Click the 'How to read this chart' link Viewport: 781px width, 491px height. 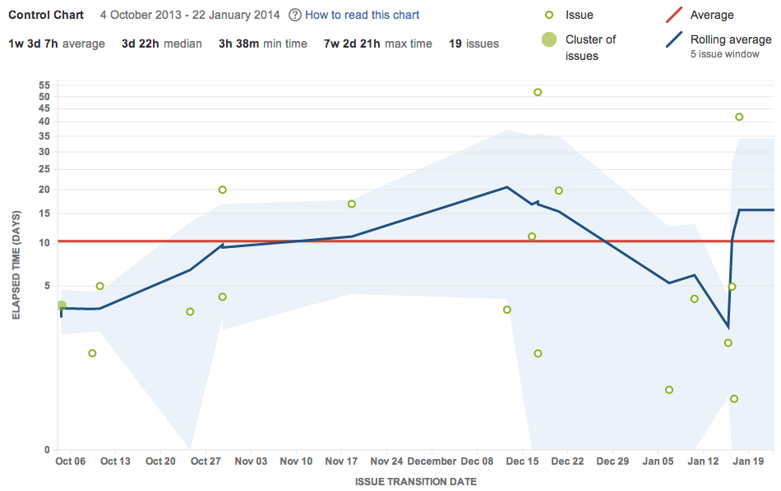tap(362, 15)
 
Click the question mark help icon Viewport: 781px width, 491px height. tap(295, 15)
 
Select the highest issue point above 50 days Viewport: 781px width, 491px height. tap(538, 92)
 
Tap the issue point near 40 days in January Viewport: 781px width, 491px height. tap(739, 117)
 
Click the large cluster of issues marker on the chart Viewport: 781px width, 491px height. tap(61, 305)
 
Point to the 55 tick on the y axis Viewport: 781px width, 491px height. tap(44, 85)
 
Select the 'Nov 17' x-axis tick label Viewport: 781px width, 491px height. tap(341, 461)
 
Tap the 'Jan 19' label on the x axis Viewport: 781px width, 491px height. tap(748, 461)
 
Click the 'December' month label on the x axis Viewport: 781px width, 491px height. tap(432, 461)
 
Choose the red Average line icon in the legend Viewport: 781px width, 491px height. tap(672, 15)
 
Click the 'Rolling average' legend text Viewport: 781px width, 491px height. tap(731, 39)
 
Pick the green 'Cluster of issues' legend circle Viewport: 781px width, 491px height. tap(549, 39)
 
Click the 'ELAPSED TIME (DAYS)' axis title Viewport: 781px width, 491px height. tap(16, 263)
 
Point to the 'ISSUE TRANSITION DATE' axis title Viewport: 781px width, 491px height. tap(416, 481)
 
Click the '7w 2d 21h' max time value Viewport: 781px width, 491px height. tap(352, 44)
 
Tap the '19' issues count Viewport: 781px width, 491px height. tap(455, 44)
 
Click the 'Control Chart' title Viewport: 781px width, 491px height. tap(47, 15)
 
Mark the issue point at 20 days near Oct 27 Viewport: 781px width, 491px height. tap(222, 190)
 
